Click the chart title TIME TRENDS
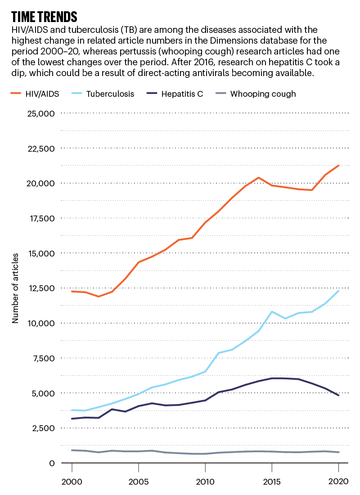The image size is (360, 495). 44,17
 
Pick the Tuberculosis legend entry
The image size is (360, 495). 104,94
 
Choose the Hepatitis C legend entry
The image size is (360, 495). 176,94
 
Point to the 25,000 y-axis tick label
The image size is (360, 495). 40,113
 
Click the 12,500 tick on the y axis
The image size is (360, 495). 40,288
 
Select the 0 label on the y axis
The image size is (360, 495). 52,463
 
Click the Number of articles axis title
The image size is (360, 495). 15,288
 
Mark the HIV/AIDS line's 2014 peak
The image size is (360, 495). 258,177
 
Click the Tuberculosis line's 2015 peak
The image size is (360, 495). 272,311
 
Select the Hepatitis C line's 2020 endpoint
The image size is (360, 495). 338,395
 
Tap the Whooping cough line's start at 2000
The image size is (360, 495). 72,450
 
